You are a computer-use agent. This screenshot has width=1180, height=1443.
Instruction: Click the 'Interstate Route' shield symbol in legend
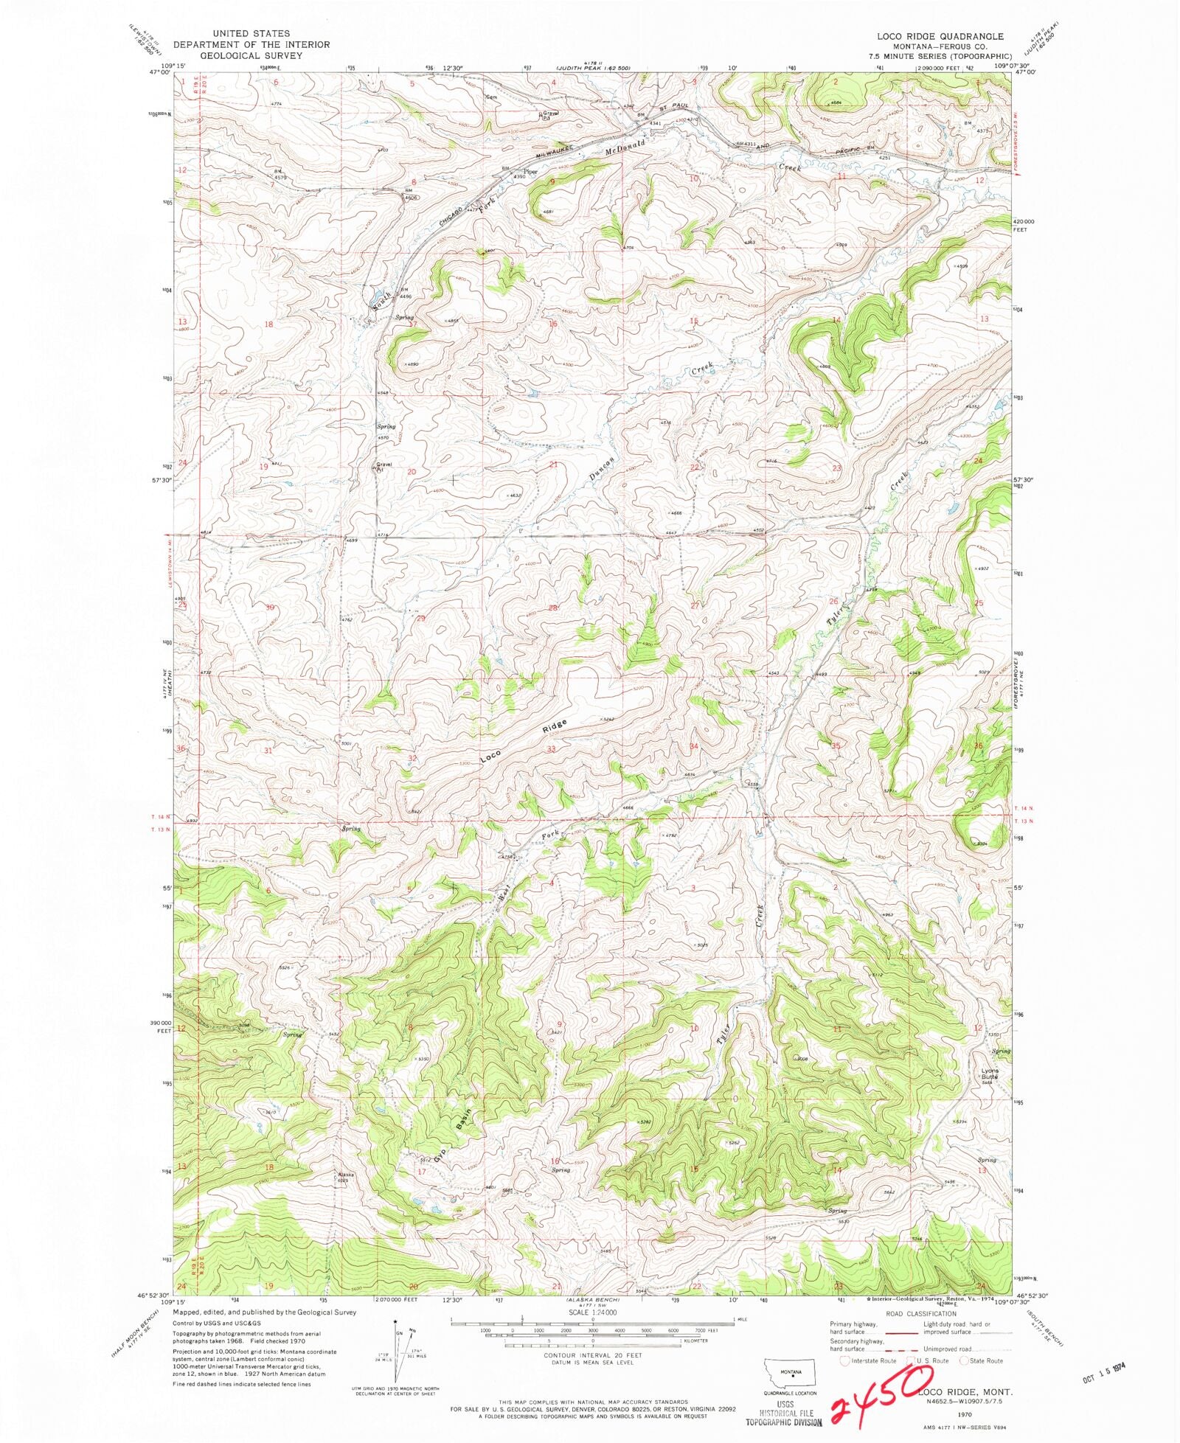coord(845,1360)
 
